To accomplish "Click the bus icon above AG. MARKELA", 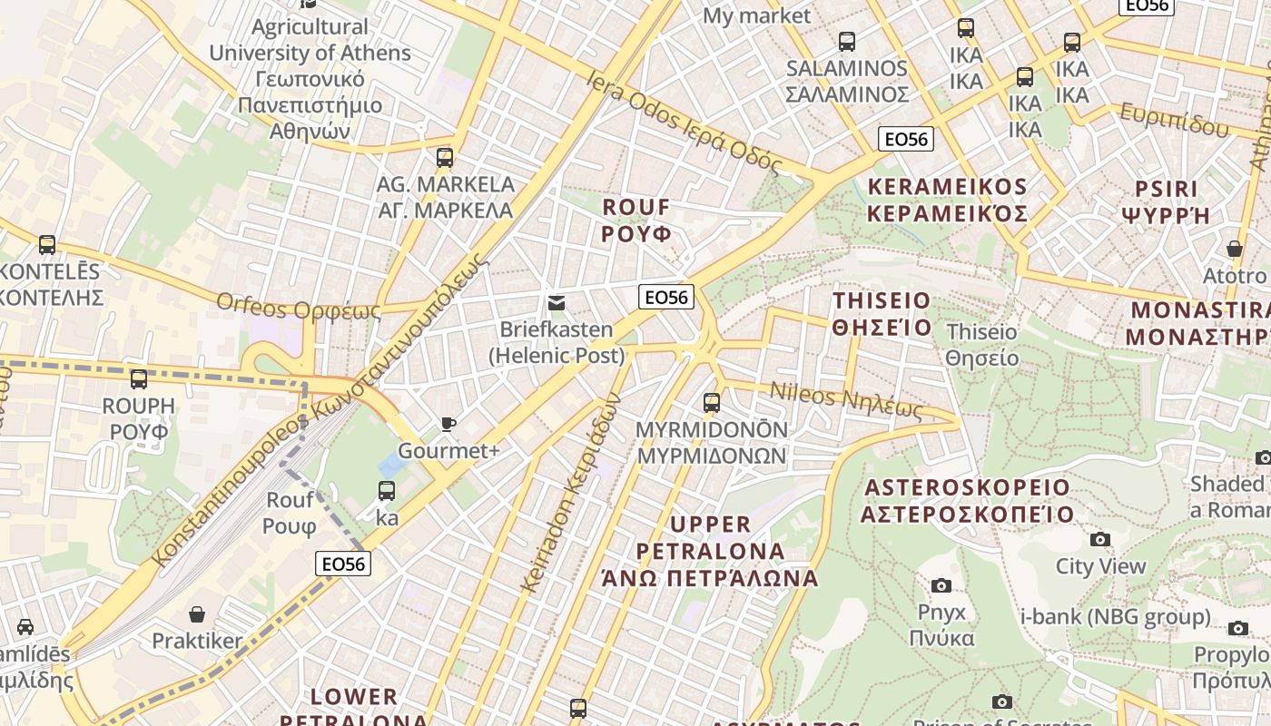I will point(444,158).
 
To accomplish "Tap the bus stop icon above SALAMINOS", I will point(846,42).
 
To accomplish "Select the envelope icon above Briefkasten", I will point(556,303).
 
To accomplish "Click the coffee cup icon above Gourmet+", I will point(448,424).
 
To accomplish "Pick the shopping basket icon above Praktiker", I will point(196,614).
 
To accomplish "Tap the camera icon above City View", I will point(1100,540).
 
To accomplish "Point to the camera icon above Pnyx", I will point(941,585).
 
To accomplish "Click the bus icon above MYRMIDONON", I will point(712,402).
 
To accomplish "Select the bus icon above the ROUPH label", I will point(138,379).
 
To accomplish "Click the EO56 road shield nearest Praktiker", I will point(344,564).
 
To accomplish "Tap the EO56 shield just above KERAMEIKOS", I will point(906,139).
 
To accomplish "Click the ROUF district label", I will point(636,220).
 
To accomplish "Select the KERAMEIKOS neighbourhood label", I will point(947,200).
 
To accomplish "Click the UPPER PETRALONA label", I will point(710,551).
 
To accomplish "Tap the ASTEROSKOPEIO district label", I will point(967,501).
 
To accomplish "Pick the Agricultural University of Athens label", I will point(310,79).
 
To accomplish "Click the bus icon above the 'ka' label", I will point(386,491).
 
